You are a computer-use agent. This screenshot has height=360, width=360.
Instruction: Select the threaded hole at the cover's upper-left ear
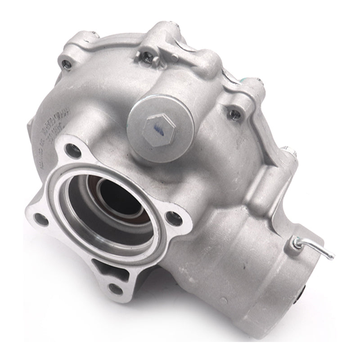point(67,63)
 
